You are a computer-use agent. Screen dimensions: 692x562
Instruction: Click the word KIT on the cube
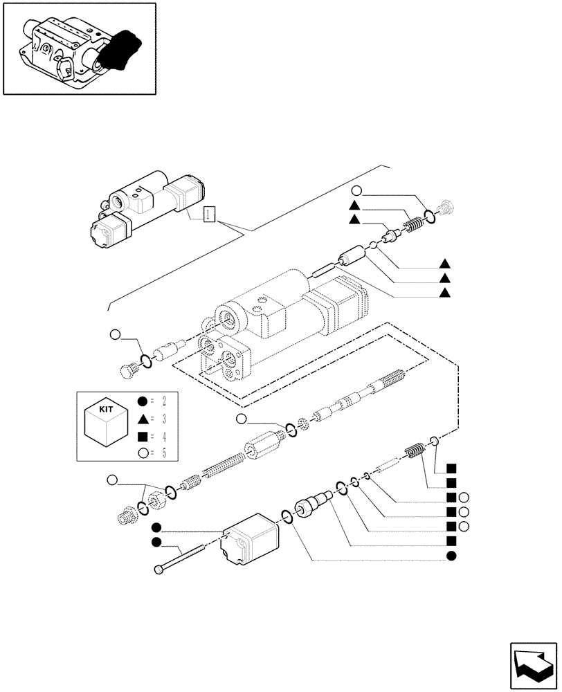[x=107, y=409]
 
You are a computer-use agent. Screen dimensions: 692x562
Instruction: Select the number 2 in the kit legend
[x=164, y=401]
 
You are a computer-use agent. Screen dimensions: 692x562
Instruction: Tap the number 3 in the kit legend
[x=164, y=419]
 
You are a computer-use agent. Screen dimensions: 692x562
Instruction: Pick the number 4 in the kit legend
[x=164, y=436]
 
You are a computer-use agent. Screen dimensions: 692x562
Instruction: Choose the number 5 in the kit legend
[x=164, y=453]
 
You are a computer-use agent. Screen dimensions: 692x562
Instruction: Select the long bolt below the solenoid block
[x=179, y=559]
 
